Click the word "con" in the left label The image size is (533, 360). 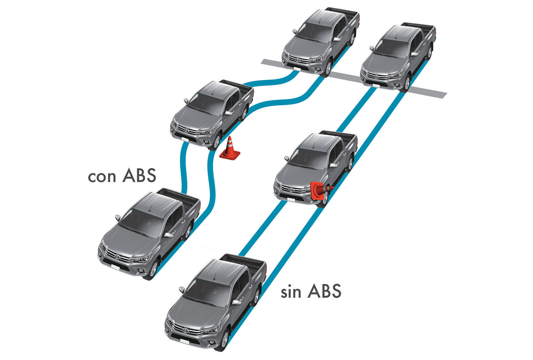[102, 177]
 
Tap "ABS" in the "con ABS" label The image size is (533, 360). [139, 175]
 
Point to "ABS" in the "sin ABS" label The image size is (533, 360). [324, 290]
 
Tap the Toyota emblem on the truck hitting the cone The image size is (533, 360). [291, 190]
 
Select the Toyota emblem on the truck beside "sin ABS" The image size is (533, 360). [186, 330]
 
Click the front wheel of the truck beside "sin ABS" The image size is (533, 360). [224, 339]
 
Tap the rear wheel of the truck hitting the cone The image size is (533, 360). [349, 163]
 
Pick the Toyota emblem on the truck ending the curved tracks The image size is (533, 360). [298, 60]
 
